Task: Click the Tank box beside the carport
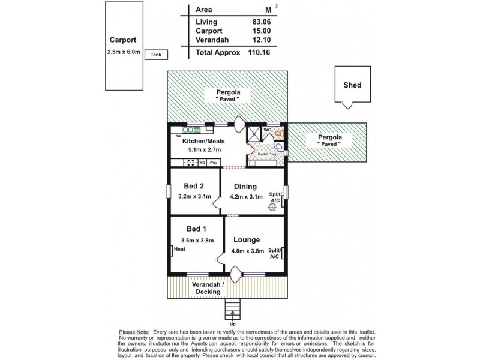(x=156, y=55)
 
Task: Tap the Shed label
(x=352, y=85)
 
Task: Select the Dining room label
(x=245, y=186)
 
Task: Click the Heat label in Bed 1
(x=179, y=251)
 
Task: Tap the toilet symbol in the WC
(x=278, y=131)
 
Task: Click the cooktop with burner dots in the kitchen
(x=190, y=163)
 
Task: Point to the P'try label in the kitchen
(x=213, y=163)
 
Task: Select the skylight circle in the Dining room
(x=272, y=207)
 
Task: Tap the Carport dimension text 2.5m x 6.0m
(x=123, y=52)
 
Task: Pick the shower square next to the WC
(x=254, y=133)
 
